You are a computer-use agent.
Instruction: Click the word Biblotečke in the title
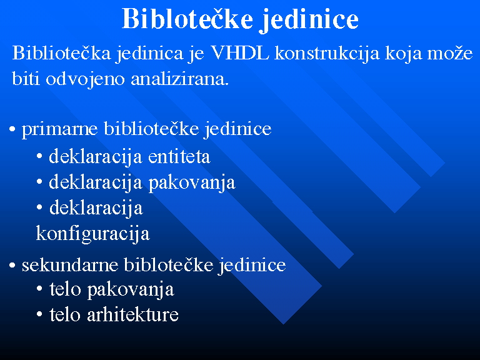click(187, 18)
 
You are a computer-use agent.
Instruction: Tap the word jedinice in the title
click(309, 19)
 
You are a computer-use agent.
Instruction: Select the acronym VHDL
click(240, 52)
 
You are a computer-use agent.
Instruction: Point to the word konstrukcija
click(327, 54)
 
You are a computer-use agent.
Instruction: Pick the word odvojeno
click(85, 79)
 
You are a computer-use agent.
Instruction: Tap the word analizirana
click(180, 79)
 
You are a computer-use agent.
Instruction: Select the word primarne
click(60, 129)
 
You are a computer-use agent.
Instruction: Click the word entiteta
click(179, 156)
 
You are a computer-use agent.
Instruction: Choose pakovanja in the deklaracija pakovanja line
click(192, 183)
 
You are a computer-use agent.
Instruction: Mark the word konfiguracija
click(92, 234)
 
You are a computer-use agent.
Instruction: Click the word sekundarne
click(70, 264)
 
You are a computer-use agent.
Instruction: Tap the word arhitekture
click(132, 314)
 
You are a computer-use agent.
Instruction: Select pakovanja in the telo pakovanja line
click(131, 290)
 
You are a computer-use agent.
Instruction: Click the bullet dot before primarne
click(12, 129)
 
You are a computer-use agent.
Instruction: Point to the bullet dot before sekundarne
click(12, 265)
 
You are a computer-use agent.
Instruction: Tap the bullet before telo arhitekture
click(39, 314)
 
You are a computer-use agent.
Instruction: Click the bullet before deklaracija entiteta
click(39, 156)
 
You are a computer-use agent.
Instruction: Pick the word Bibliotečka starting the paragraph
click(61, 52)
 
